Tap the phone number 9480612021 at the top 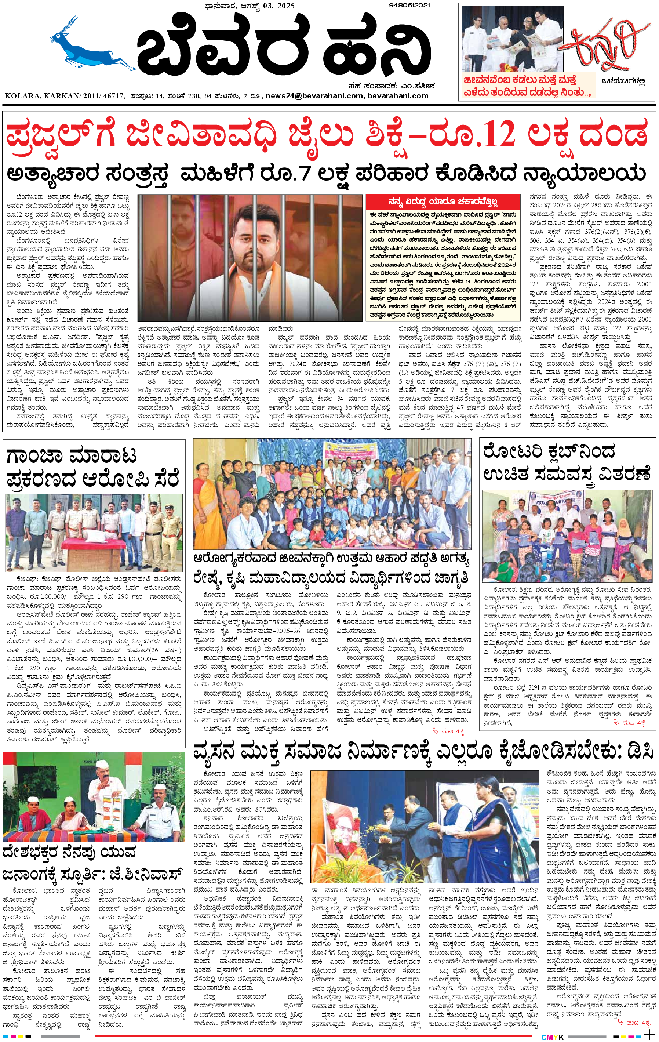click(x=409, y=5)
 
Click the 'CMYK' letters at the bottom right click(x=553, y=1038)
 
